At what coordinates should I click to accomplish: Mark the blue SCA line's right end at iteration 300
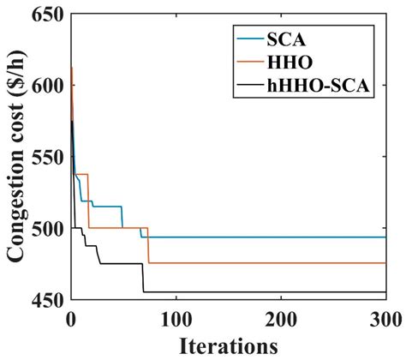(385, 237)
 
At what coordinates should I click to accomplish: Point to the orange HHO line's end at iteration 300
(385, 263)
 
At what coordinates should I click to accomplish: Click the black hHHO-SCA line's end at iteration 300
(385, 292)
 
